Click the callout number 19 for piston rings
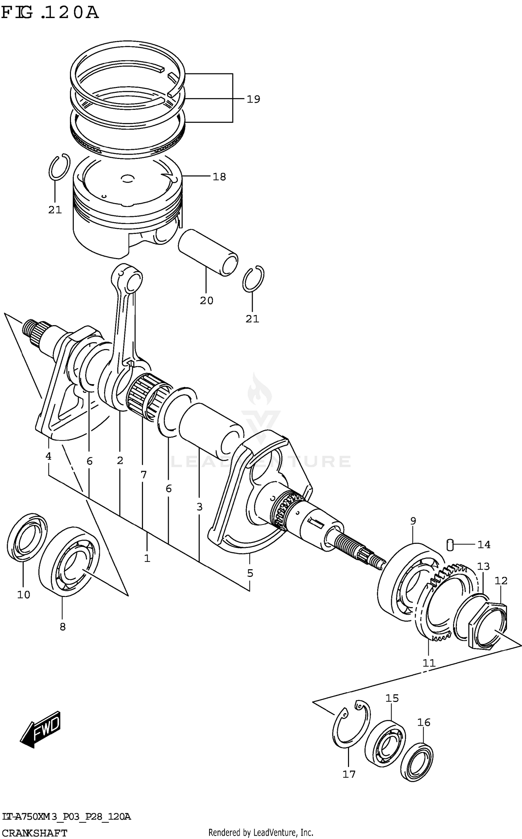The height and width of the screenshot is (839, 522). point(253,99)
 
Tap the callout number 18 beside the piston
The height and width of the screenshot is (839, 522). point(219,177)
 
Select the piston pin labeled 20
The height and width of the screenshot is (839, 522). point(208,252)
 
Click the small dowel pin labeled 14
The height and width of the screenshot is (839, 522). point(450,544)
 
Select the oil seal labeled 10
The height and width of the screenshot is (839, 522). point(27,537)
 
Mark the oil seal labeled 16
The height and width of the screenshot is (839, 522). point(417,758)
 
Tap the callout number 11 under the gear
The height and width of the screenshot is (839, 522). point(429,673)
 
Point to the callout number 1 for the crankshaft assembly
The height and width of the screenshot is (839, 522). point(147,558)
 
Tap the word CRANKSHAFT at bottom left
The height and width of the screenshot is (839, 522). point(34,833)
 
